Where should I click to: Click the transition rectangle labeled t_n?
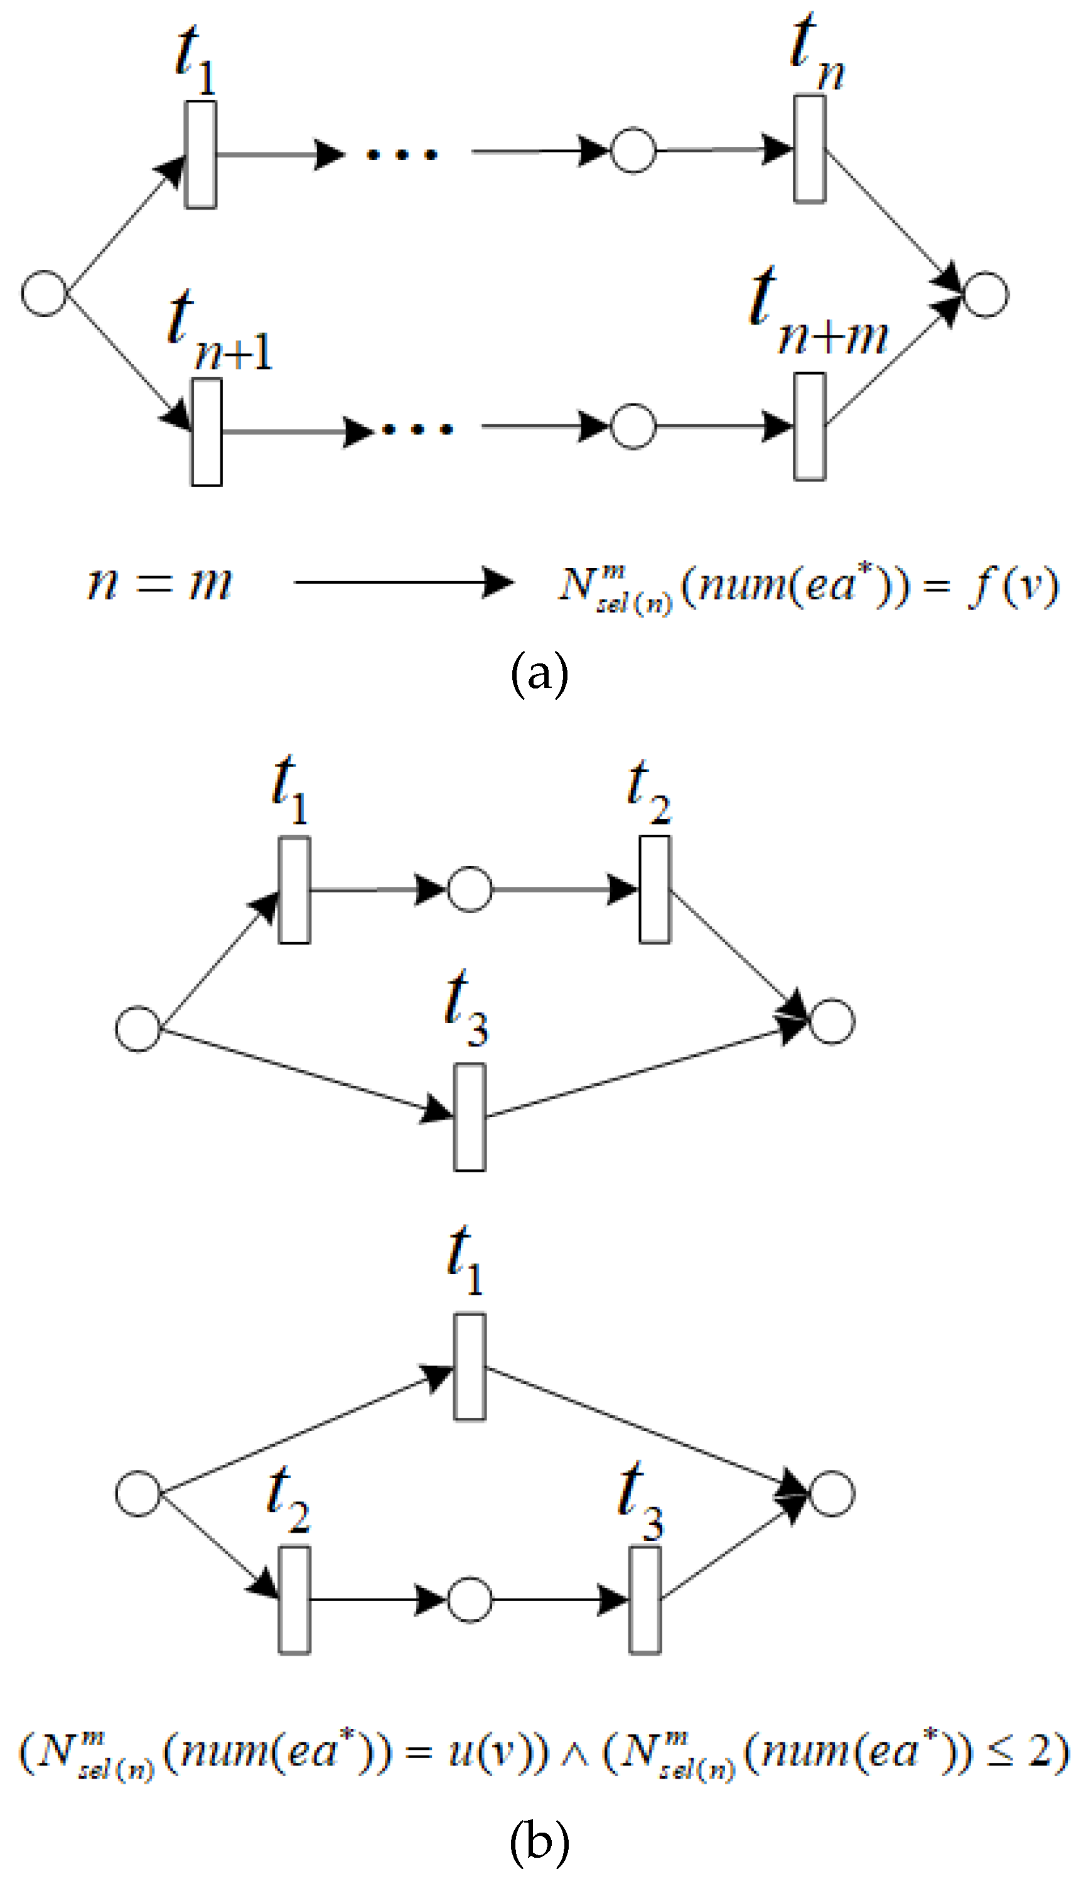pyautogui.click(x=809, y=148)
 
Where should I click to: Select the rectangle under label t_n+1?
pyautogui.click(x=207, y=432)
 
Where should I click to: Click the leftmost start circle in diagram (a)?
pyautogui.click(x=44, y=292)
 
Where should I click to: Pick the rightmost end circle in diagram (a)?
pyautogui.click(x=986, y=294)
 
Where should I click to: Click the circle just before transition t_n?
pyautogui.click(x=633, y=151)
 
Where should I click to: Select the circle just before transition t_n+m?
pyautogui.click(x=633, y=427)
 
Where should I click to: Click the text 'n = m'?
pyautogui.click(x=159, y=583)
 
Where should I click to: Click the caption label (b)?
pyautogui.click(x=539, y=1841)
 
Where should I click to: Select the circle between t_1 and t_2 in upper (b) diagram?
pyautogui.click(x=469, y=889)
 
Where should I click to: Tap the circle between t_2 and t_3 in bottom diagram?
pyautogui.click(x=469, y=1600)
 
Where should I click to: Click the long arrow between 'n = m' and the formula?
pyautogui.click(x=403, y=582)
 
